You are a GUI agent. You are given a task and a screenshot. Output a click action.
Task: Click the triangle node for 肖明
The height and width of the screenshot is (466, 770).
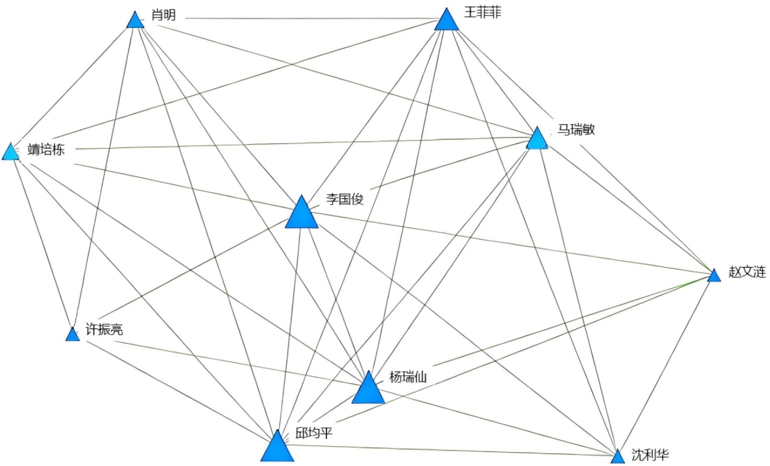point(136,21)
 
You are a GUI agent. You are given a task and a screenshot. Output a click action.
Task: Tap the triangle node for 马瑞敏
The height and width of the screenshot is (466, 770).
point(537,139)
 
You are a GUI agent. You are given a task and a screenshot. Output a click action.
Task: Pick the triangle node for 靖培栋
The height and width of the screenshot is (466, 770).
point(11,152)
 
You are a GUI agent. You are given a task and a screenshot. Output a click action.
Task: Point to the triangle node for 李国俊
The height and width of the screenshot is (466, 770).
point(301,214)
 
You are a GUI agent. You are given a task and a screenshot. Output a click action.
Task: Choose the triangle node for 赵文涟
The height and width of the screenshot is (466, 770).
point(714,276)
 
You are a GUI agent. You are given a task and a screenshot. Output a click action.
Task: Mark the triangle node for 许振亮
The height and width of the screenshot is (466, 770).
point(72,335)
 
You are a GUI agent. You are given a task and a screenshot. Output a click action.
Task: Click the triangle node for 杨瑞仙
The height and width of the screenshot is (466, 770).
point(367,389)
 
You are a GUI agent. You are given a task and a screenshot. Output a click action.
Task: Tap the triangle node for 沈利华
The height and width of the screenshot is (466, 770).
point(617,457)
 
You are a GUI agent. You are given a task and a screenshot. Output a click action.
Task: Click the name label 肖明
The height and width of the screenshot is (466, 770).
point(164,15)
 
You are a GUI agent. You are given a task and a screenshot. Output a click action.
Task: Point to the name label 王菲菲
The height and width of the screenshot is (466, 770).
point(482,11)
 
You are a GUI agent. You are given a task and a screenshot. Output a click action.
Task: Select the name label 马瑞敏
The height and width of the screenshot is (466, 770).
point(576,130)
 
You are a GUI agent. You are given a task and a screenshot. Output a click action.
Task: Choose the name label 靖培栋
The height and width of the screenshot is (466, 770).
point(46,150)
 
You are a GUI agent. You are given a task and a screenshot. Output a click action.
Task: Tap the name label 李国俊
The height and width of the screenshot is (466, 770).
point(345,200)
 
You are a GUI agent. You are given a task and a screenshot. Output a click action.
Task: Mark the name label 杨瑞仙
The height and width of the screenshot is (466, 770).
point(408,378)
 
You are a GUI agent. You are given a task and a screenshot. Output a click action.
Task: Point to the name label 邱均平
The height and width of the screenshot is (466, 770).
point(314,433)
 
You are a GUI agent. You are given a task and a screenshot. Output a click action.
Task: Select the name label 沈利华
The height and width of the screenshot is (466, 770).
point(650,454)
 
